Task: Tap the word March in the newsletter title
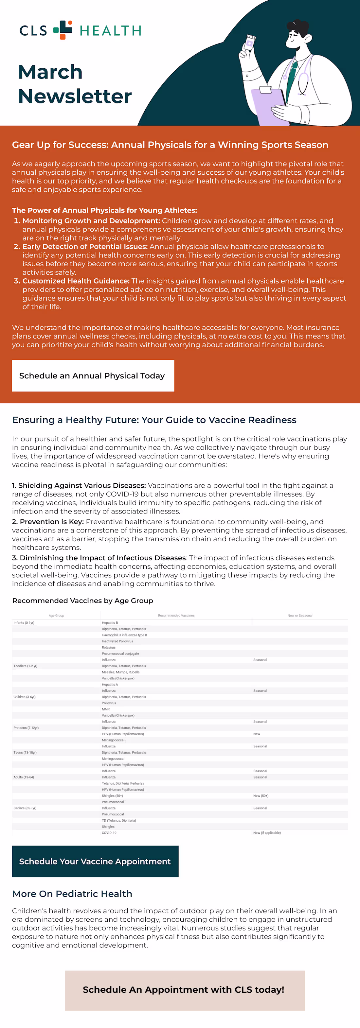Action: [x=50, y=72]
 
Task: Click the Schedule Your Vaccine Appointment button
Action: [x=95, y=861]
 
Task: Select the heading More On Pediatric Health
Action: [x=72, y=894]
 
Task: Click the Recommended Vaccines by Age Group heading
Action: [x=82, y=601]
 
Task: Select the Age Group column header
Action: [x=56, y=615]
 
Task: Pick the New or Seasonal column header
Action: [x=300, y=615]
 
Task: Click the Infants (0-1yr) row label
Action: [x=24, y=622]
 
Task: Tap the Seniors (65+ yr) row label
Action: [x=25, y=808]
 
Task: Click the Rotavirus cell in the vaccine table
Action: [x=109, y=647]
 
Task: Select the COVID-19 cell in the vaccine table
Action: [x=109, y=833]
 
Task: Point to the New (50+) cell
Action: [x=261, y=796]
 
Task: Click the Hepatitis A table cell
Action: [x=110, y=684]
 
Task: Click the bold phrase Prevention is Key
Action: [x=51, y=522]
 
